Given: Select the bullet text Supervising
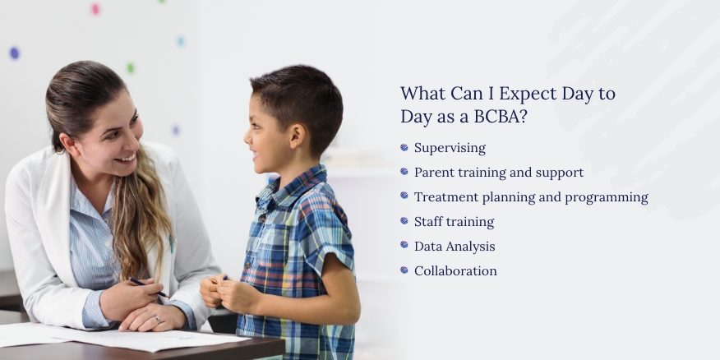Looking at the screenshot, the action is point(450,148).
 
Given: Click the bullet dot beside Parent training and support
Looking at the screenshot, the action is point(404,171).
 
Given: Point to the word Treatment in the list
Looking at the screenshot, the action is point(440,197).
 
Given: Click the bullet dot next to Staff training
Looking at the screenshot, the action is point(404,221).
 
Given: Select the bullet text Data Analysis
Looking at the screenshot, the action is point(455,247).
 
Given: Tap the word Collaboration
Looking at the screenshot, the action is point(455,271).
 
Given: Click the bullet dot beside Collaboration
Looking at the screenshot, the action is point(404,270).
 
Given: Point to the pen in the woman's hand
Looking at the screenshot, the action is point(149,288).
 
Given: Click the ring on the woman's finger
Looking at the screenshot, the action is point(158,320).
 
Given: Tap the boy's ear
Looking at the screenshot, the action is point(297,136).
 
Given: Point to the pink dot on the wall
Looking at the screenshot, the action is point(95,9).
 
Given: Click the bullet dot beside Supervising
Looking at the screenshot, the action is point(404,147).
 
